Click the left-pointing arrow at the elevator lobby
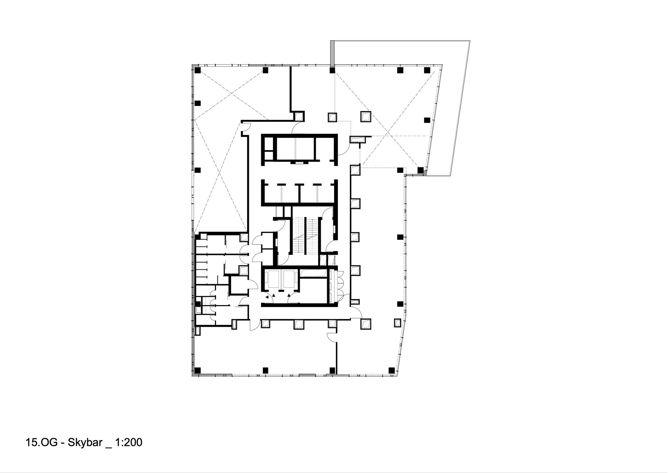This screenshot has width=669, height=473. pyautogui.click(x=267, y=297)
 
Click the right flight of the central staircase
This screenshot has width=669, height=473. pyautogui.click(x=312, y=235)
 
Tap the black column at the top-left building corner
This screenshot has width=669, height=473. pyautogui.click(x=197, y=70)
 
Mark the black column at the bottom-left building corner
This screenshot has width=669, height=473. pyautogui.click(x=197, y=370)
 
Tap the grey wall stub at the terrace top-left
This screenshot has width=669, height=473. pyautogui.click(x=332, y=54)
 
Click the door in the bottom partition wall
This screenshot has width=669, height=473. pyautogui.click(x=332, y=338)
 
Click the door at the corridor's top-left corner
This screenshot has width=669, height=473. pyautogui.click(x=246, y=127)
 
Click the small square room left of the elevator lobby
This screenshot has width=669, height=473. pyautogui.click(x=240, y=285)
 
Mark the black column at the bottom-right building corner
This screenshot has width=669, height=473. pyautogui.click(x=391, y=370)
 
